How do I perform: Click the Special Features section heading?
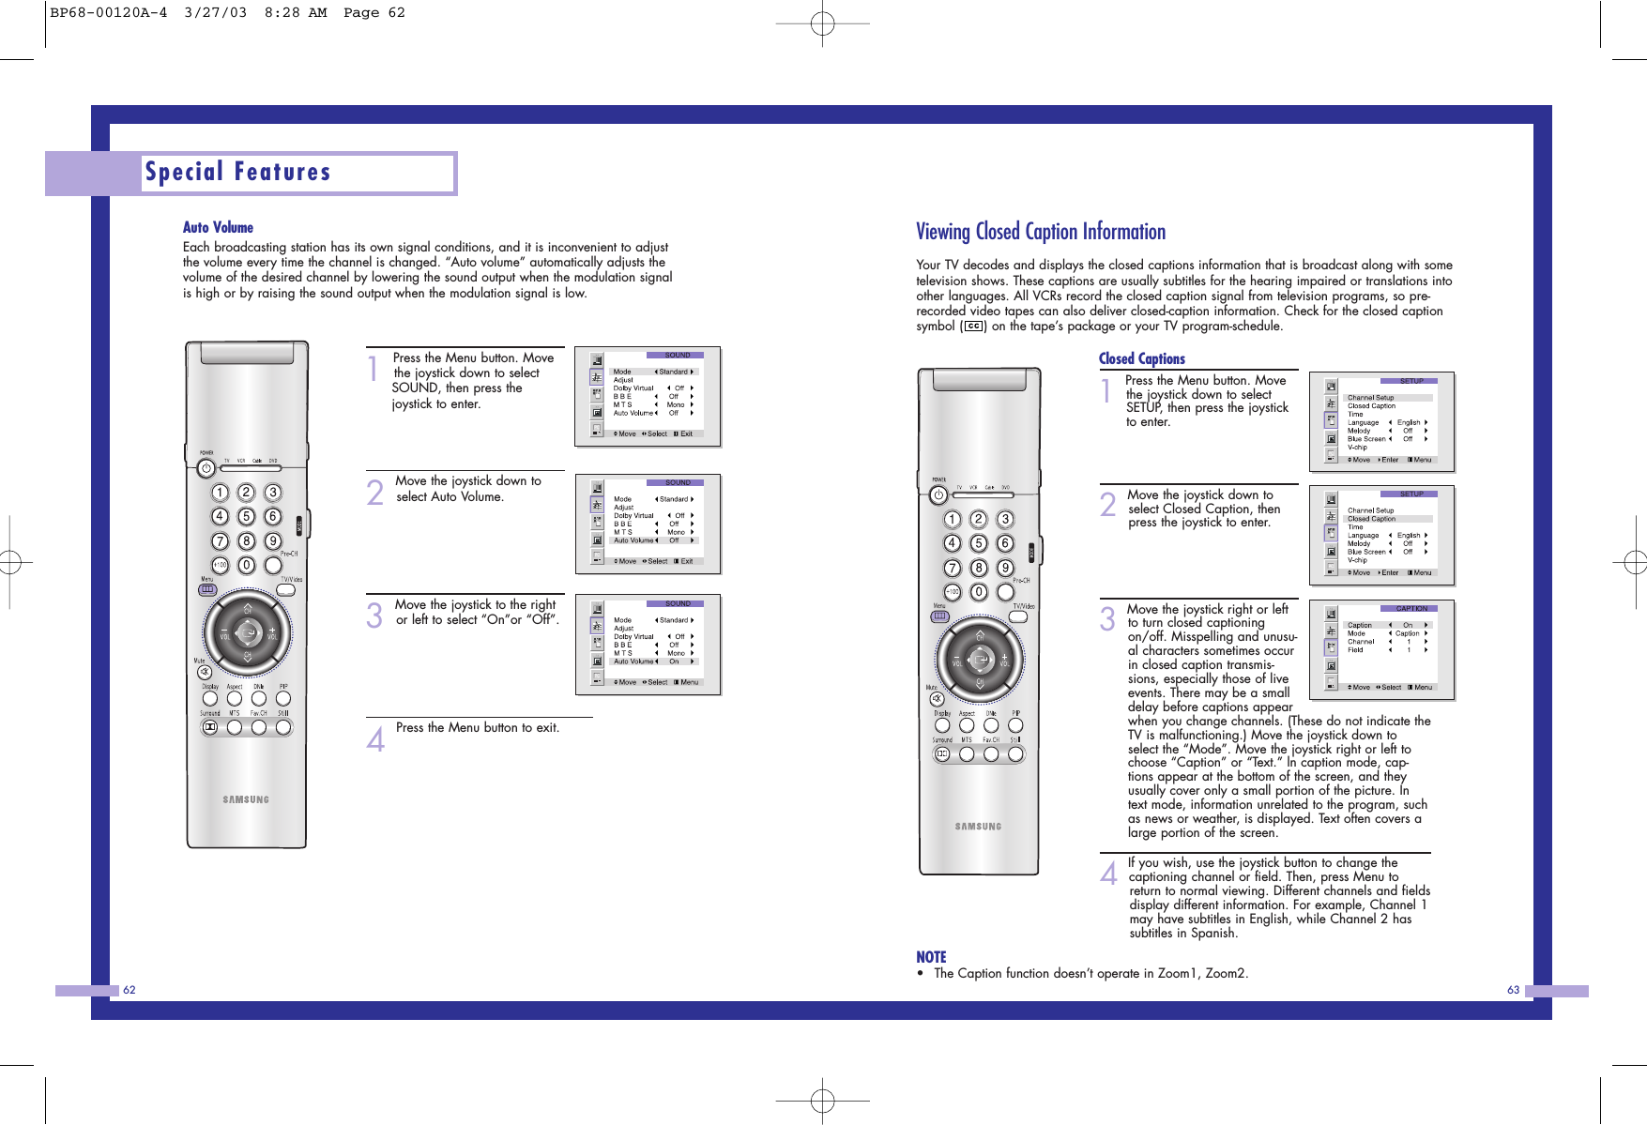point(238,173)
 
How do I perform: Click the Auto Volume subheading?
point(218,227)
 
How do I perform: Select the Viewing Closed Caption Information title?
point(1040,232)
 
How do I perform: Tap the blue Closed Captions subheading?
point(1141,358)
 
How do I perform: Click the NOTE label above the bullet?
point(931,957)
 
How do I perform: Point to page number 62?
point(130,990)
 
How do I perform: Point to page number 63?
point(1513,990)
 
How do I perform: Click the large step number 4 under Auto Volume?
point(375,739)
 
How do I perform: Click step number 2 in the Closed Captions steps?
point(1108,505)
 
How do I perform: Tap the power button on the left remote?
point(206,468)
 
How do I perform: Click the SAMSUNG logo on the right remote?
point(978,827)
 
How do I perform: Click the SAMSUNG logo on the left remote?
point(246,799)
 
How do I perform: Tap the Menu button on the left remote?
point(207,590)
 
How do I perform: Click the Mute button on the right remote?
point(934,699)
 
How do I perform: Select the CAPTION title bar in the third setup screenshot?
point(1411,609)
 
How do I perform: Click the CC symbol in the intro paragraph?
point(973,327)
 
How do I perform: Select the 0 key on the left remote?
point(246,565)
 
